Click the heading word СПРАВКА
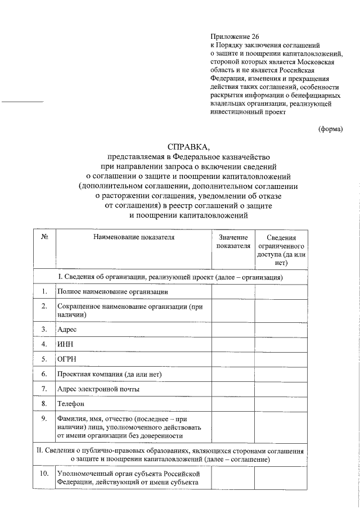pyautogui.click(x=180, y=147)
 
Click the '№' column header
pyautogui.click(x=44, y=237)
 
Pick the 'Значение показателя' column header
pyautogui.click(x=233, y=242)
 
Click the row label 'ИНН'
pyautogui.click(x=65, y=343)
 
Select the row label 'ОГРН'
pyautogui.click(x=66, y=358)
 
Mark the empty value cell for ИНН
pyautogui.click(x=233, y=343)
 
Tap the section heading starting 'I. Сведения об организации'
pyautogui.click(x=170, y=277)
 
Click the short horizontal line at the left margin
pyautogui.click(x=23, y=102)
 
